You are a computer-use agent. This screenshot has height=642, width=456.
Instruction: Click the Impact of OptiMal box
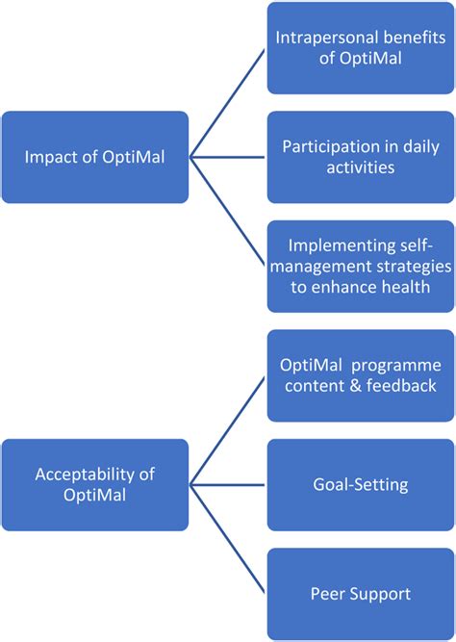(94, 157)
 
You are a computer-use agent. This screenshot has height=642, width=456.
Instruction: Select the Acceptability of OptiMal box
(94, 485)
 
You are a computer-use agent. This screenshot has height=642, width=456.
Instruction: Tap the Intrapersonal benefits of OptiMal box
(360, 48)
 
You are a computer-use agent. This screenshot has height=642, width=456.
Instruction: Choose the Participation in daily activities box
(360, 157)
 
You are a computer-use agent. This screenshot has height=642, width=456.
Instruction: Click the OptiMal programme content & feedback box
(360, 376)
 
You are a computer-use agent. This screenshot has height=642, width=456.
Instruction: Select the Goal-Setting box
(360, 485)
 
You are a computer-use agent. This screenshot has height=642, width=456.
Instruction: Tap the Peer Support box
(360, 594)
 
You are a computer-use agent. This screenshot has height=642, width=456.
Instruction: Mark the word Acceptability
(80, 475)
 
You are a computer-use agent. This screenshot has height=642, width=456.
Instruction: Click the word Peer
(330, 594)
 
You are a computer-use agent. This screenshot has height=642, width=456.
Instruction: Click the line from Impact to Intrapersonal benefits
(228, 102)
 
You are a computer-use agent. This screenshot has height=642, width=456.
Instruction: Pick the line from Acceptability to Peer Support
(228, 540)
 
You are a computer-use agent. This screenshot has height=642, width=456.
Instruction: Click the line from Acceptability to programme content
(228, 430)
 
